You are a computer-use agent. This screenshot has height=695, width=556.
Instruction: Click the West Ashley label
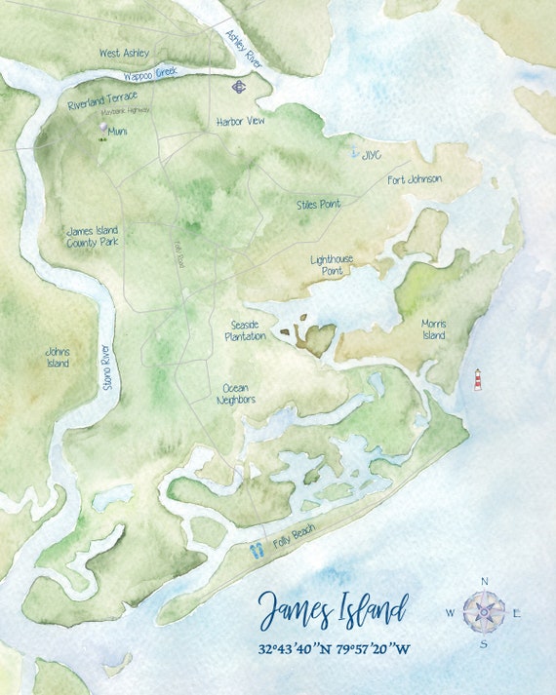click(x=124, y=53)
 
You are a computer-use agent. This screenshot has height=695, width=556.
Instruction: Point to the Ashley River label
click(x=244, y=48)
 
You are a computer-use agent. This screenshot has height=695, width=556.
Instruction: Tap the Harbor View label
click(x=241, y=122)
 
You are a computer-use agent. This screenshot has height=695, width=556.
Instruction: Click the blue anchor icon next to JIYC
click(x=355, y=154)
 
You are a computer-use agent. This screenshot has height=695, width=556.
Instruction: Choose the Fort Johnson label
click(x=415, y=179)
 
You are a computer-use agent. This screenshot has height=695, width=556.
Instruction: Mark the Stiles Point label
click(x=319, y=205)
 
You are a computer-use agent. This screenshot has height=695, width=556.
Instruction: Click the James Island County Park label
click(x=93, y=237)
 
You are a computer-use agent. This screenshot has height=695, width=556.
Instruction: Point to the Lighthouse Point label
click(x=333, y=265)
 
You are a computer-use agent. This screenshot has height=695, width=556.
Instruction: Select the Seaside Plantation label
click(x=245, y=329)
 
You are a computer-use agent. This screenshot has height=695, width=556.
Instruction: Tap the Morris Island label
click(x=433, y=328)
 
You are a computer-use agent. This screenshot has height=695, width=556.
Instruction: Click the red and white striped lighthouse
click(x=478, y=379)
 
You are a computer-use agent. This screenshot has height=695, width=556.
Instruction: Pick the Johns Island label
click(x=58, y=358)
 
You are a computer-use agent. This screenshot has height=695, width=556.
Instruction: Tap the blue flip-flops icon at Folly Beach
click(x=257, y=550)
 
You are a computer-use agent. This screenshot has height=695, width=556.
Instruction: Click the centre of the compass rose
click(x=485, y=612)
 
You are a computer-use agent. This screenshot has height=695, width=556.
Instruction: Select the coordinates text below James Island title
click(x=335, y=648)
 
